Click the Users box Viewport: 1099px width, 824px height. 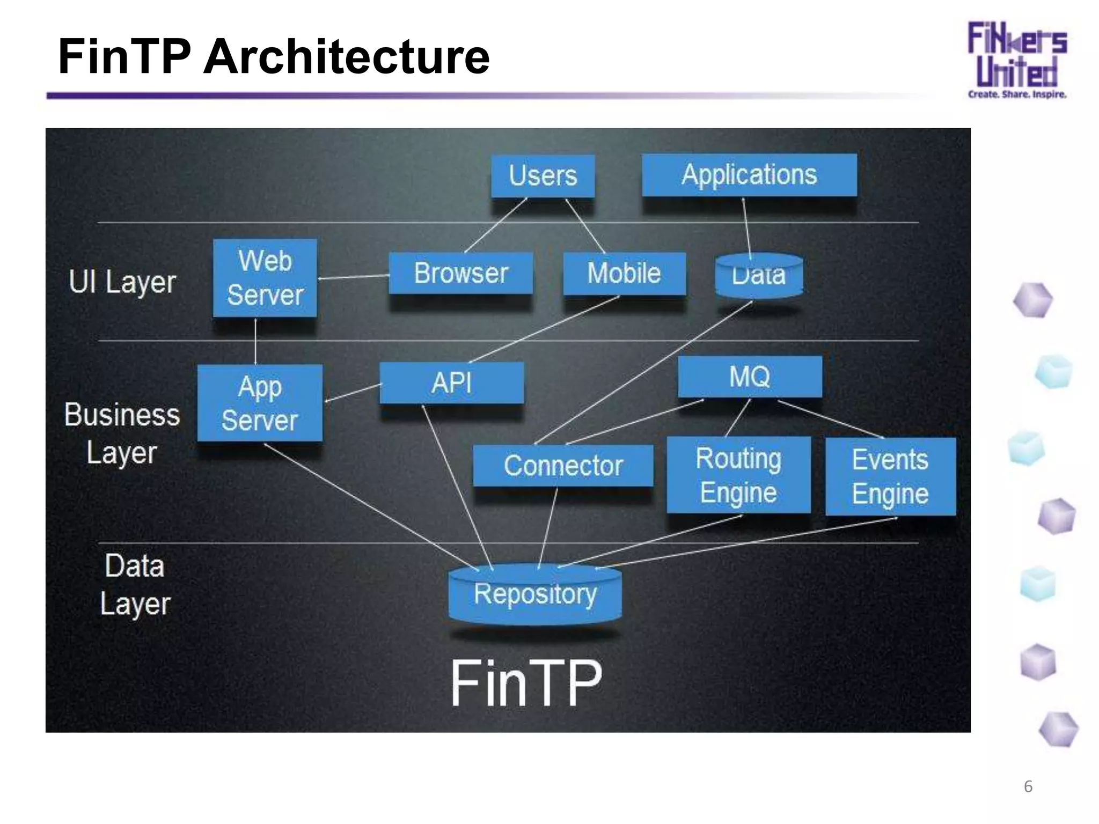tap(543, 176)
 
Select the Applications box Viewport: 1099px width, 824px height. tap(749, 175)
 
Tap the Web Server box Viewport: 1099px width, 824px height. tap(265, 278)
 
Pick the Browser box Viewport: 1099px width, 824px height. tap(460, 273)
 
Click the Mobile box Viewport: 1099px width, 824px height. tap(624, 273)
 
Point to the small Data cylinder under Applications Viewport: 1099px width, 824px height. tap(759, 276)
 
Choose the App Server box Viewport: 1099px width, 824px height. tap(260, 403)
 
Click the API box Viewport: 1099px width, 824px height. tap(451, 383)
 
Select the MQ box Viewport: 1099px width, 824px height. tap(750, 377)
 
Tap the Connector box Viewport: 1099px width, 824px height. tap(563, 466)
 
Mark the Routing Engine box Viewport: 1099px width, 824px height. tap(738, 475)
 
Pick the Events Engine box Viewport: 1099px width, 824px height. tap(890, 476)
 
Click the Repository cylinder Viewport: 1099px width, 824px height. tap(535, 594)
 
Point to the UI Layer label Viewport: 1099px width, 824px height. tap(122, 282)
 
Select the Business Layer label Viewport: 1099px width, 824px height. tap(122, 433)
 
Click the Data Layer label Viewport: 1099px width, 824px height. tap(134, 584)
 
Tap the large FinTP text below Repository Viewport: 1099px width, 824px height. tap(526, 683)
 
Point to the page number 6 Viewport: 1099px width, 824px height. tap(1028, 786)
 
